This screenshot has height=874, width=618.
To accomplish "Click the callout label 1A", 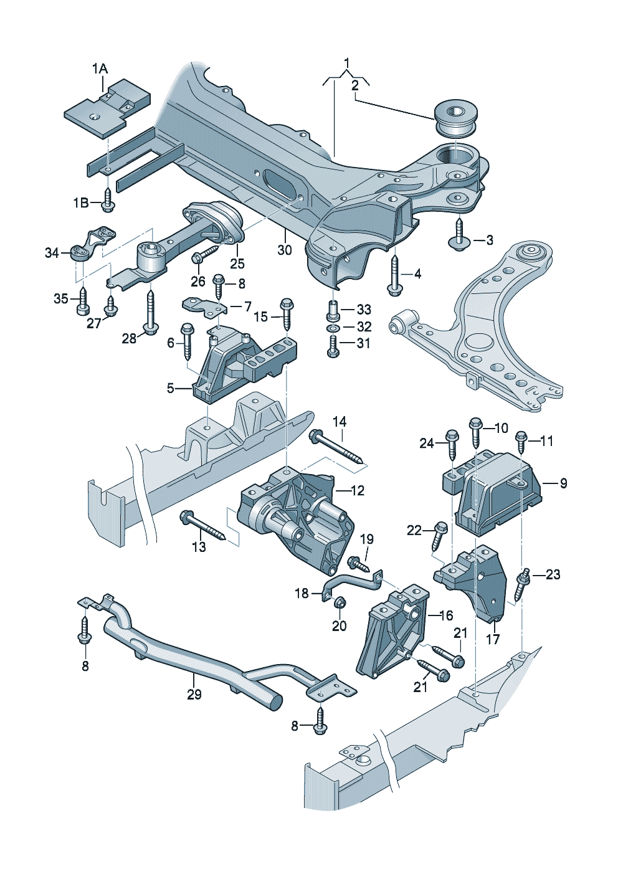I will coord(100,69).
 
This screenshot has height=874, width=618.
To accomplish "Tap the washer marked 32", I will coord(333,327).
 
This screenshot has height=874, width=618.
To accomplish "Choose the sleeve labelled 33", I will coord(333,308).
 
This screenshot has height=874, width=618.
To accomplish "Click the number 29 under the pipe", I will coord(194,694).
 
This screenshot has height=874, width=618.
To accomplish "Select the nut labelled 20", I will coord(340,604).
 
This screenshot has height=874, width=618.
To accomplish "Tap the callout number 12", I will coord(357,491).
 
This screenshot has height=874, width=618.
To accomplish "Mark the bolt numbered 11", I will coord(522,443).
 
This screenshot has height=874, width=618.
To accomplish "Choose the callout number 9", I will coord(563,483).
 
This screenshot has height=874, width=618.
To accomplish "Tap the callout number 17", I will coord(493,639).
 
